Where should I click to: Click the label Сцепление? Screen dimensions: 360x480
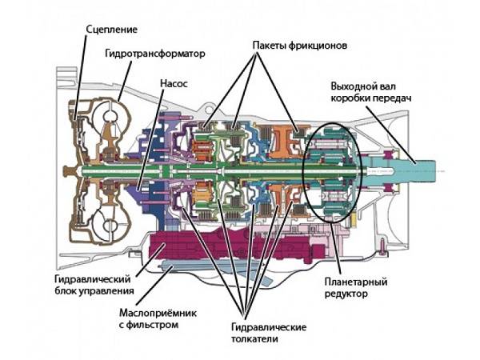tap(111, 30)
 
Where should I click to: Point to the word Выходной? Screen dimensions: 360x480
tap(354, 86)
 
